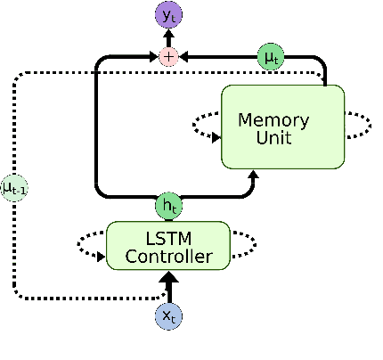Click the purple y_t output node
[x=167, y=15]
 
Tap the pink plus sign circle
[x=167, y=57]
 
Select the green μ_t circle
[x=271, y=57]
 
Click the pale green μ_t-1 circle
[x=13, y=187]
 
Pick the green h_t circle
[x=167, y=205]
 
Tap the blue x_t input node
[x=167, y=316]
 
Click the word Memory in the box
[x=273, y=120]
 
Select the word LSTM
[x=167, y=239]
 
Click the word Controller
[x=167, y=258]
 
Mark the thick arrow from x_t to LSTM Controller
[x=167, y=287]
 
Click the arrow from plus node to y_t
[x=167, y=37]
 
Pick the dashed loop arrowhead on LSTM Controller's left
[x=101, y=253]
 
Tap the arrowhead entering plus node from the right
[x=183, y=57]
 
